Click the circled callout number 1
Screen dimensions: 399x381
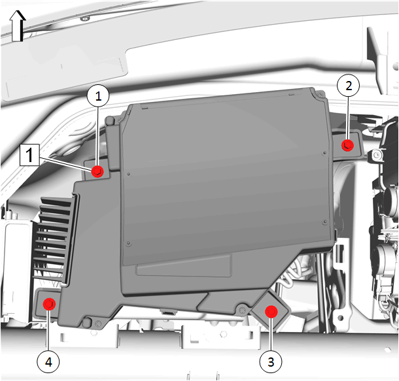point(98,96)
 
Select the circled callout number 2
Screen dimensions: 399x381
point(349,86)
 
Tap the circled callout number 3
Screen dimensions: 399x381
point(271,361)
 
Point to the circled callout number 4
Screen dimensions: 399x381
point(48,361)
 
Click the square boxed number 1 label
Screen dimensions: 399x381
point(29,155)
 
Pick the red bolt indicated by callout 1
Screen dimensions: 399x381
point(97,172)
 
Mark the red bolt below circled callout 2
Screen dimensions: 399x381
point(347,145)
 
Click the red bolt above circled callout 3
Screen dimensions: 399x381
point(271,312)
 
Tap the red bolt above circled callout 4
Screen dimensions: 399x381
point(49,305)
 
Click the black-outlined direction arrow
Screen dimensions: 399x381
point(17,26)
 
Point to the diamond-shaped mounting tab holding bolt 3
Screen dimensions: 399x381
point(271,310)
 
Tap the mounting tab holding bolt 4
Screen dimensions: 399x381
point(48,304)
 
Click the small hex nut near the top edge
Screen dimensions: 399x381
point(85,18)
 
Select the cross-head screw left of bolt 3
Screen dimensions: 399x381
point(241,310)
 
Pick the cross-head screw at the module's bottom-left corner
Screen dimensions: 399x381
point(98,323)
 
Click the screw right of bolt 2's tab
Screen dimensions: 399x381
point(377,154)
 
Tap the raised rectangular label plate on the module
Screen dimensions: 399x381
point(183,265)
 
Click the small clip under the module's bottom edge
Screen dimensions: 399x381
point(167,312)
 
